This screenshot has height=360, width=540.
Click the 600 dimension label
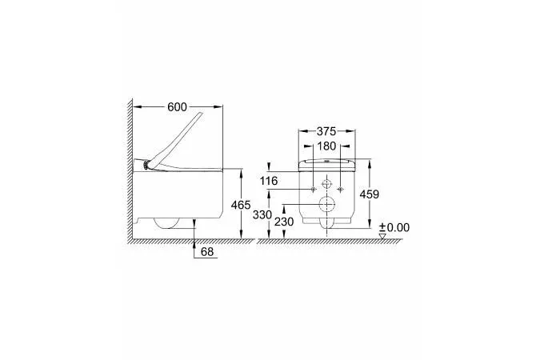[177, 107]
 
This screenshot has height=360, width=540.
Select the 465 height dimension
[241, 205]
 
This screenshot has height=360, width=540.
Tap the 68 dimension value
[207, 252]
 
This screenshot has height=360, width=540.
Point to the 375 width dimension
[326, 131]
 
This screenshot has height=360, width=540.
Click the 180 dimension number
[326, 146]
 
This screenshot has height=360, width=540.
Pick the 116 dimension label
[269, 181]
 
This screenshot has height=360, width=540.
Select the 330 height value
[262, 214]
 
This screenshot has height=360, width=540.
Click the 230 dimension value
[284, 222]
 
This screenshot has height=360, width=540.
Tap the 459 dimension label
[369, 194]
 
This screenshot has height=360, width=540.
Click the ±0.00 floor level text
[394, 227]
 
